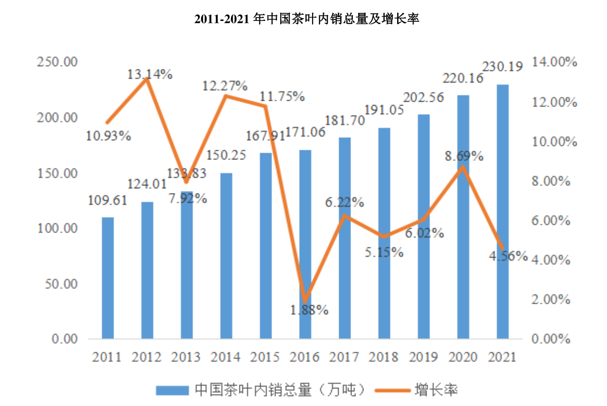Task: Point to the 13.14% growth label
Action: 150,74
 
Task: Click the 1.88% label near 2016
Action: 309,310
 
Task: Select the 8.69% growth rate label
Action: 464,156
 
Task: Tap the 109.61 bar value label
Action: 108,201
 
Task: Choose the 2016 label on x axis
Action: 305,357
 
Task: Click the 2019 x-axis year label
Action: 424,357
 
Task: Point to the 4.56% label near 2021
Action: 508,256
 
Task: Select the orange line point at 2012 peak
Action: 147,79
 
